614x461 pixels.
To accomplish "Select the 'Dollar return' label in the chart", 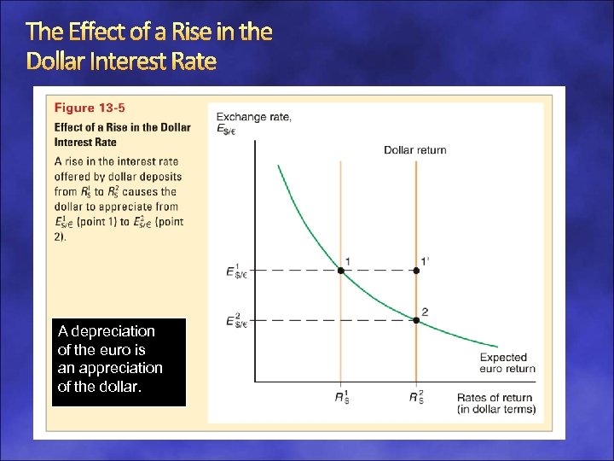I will pos(414,150).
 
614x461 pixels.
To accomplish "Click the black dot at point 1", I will pos(340,270).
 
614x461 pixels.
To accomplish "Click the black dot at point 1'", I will pos(416,270).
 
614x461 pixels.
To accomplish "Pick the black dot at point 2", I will pos(416,320).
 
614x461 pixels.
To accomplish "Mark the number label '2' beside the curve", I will pos(424,312).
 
